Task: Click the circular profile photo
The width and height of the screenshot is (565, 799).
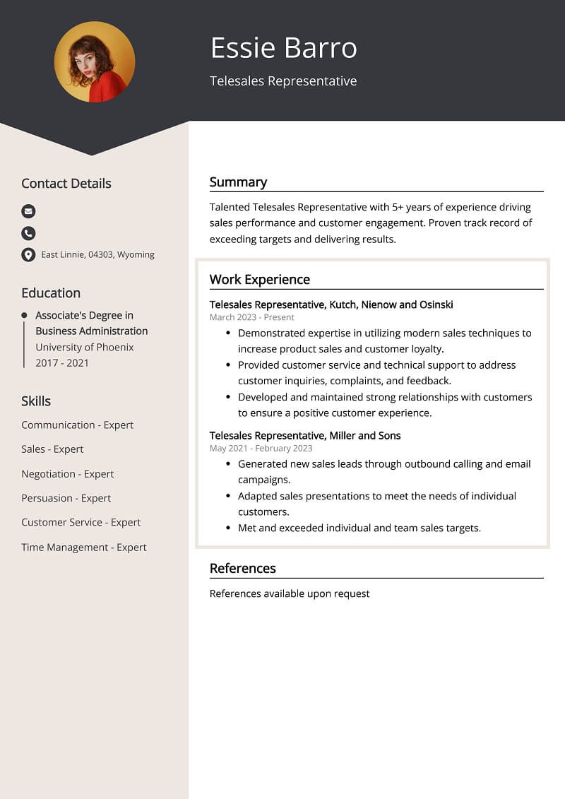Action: pyautogui.click(x=95, y=61)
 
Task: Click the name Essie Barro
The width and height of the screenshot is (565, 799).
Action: pyautogui.click(x=283, y=48)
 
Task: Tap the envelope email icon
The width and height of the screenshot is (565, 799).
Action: pyautogui.click(x=28, y=211)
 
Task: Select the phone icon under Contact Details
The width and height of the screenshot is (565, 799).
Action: pyautogui.click(x=28, y=233)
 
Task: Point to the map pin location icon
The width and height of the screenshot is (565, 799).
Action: pyautogui.click(x=28, y=255)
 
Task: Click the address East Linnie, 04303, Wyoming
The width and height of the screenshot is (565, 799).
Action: pyautogui.click(x=97, y=255)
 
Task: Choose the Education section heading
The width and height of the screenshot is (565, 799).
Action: pyautogui.click(x=51, y=293)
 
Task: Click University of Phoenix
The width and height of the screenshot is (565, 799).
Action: pyautogui.click(x=85, y=347)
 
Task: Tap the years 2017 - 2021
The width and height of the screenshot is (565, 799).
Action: pyautogui.click(x=62, y=363)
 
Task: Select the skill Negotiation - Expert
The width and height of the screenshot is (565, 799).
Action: pyautogui.click(x=67, y=474)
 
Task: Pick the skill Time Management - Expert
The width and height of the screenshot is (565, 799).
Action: pyautogui.click(x=84, y=548)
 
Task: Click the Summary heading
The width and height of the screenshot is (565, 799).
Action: pyautogui.click(x=238, y=182)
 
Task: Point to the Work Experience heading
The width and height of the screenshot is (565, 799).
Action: pyautogui.click(x=259, y=280)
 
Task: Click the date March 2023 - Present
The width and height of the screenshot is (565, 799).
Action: pyautogui.click(x=251, y=317)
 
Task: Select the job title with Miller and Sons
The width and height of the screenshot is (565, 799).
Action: pyautogui.click(x=305, y=436)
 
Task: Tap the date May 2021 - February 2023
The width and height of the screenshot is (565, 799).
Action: pyautogui.click(x=261, y=448)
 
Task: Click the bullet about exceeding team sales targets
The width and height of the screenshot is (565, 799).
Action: pyautogui.click(x=359, y=528)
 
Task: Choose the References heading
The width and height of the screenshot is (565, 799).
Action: pyautogui.click(x=242, y=569)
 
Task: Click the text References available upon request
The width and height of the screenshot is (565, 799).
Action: pyautogui.click(x=290, y=593)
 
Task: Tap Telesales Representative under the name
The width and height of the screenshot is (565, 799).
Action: pyautogui.click(x=283, y=81)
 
